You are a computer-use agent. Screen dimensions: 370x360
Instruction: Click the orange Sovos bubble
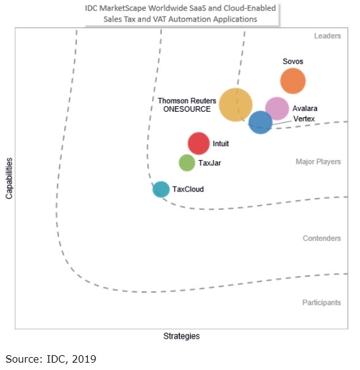(293, 80)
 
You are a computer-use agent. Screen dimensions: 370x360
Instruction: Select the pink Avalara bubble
(277, 109)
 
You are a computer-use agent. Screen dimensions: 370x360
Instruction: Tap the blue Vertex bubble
(260, 122)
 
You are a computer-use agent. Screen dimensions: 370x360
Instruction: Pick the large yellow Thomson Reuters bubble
(236, 105)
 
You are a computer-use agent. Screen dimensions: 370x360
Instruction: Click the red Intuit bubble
(199, 144)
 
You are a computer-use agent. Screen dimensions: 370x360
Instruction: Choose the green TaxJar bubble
(187, 163)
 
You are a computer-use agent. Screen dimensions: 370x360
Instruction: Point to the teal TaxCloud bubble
(161, 189)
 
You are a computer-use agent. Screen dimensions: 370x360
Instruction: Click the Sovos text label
(293, 62)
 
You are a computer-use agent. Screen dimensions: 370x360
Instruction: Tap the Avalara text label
(305, 109)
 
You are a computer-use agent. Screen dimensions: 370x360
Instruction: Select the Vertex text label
(304, 118)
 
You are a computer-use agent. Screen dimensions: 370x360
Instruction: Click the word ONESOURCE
(186, 109)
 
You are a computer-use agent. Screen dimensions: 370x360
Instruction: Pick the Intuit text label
(220, 144)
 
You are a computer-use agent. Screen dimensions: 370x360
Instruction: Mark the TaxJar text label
(209, 163)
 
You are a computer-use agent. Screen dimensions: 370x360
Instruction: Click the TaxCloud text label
(188, 190)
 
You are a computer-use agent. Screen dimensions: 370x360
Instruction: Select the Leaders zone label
(327, 36)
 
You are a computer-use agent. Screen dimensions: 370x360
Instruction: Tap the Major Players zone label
(318, 162)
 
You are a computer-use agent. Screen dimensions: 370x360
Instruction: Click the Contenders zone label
(321, 238)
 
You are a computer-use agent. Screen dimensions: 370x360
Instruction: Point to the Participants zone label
(321, 303)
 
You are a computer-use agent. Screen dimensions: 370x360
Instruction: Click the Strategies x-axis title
(181, 336)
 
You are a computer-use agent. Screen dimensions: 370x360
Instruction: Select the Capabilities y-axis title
(9, 177)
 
